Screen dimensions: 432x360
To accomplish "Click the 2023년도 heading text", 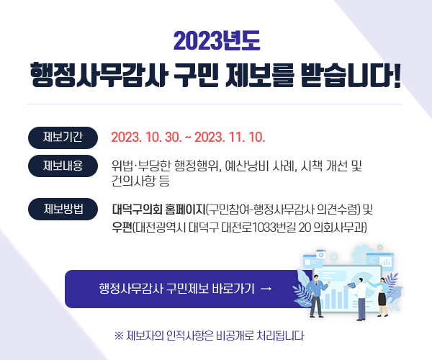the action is click(x=217, y=41).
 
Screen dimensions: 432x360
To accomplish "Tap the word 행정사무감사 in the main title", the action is click(x=99, y=75).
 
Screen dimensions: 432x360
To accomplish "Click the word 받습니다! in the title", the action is click(x=351, y=75).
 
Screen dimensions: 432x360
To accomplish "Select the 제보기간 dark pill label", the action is click(x=63, y=138).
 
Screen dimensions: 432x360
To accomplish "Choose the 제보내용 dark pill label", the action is click(x=63, y=166).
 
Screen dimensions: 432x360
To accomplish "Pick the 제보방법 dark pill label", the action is click(x=63, y=209).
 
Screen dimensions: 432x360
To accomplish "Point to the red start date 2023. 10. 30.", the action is click(x=147, y=138).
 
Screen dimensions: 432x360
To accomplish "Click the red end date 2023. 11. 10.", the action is click(x=230, y=138).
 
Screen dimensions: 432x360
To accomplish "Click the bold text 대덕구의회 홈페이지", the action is click(x=158, y=210).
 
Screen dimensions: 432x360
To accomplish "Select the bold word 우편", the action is click(x=122, y=228).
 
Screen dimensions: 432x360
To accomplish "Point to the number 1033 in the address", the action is click(x=262, y=228).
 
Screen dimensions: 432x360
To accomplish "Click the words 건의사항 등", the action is click(x=140, y=181).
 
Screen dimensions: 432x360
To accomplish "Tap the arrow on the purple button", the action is click(x=266, y=289).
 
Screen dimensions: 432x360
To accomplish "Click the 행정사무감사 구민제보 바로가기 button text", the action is click(x=176, y=289).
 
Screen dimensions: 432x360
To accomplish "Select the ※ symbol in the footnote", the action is click(x=119, y=336).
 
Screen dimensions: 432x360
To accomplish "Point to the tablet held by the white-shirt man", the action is click(x=352, y=285).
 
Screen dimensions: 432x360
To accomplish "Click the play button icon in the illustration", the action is click(x=320, y=255).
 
